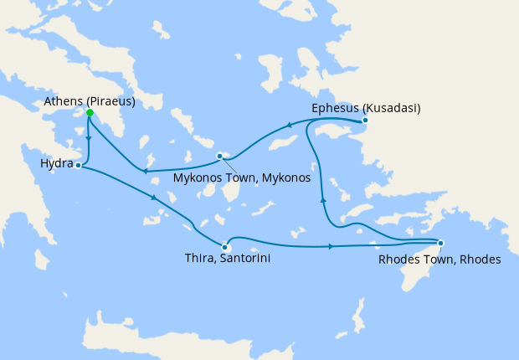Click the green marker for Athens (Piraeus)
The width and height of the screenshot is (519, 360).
[x=90, y=112]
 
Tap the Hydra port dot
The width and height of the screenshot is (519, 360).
[x=78, y=166]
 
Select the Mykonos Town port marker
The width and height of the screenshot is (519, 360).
[x=219, y=156]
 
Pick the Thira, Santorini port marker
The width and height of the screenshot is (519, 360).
[x=225, y=247]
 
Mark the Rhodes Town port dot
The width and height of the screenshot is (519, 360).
[x=441, y=244]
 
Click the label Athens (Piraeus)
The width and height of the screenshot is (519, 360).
[x=90, y=102]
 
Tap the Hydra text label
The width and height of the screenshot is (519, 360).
[x=56, y=162]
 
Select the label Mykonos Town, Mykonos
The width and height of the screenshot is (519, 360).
[x=241, y=178]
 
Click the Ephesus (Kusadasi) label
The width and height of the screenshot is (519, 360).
[x=366, y=108]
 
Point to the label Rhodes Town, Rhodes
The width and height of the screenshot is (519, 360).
[x=439, y=260]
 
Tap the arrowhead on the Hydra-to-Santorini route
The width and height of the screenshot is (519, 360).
[x=154, y=198]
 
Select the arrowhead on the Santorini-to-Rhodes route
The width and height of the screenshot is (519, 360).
[x=331, y=246]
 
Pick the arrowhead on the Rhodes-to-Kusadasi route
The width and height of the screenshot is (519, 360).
[x=323, y=199]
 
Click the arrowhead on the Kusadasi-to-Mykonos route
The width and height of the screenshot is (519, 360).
[x=288, y=126]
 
